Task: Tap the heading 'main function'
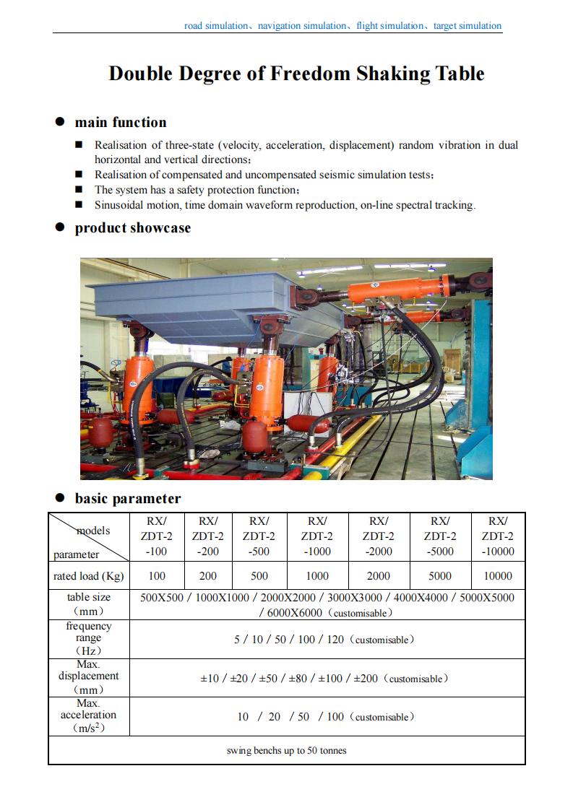coord(121,122)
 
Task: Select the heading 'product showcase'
coord(133,228)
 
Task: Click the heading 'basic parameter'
coord(128,498)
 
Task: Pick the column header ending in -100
coord(157,536)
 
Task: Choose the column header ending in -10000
coord(497,536)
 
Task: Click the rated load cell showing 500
coord(259,576)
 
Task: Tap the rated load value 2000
coord(378,576)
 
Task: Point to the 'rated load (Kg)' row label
coord(89,576)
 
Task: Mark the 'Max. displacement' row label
coord(89,676)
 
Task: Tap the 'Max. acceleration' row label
coord(89,715)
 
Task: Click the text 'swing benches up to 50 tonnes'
coord(287,751)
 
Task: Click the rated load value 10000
coord(497,576)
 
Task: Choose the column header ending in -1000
coord(316,536)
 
